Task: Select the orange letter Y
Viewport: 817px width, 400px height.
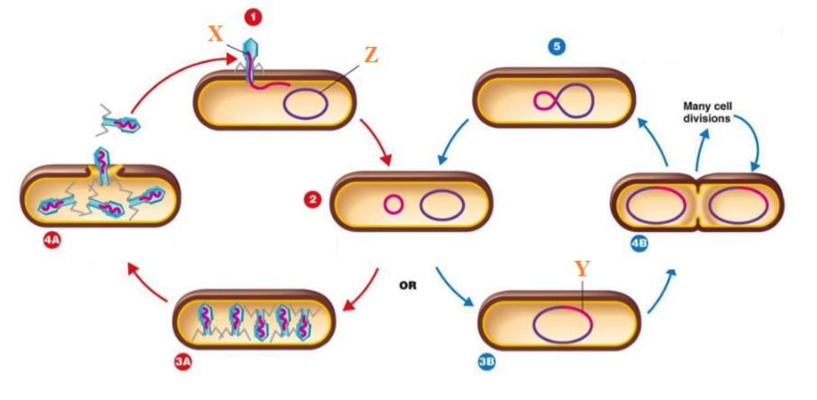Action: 583,269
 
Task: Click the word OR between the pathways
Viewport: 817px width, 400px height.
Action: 408,285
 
